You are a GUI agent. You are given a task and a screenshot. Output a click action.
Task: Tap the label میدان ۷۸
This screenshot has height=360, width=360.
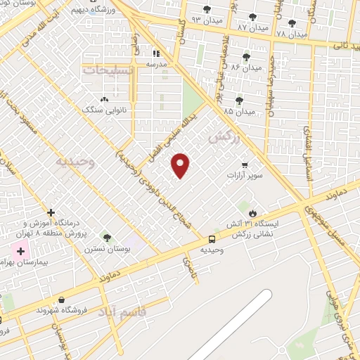(x=292, y=34)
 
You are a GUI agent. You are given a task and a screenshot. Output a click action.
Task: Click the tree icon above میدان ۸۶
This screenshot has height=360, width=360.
(x=246, y=57)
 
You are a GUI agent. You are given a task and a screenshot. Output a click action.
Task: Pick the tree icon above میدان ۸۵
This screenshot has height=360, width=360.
(x=239, y=101)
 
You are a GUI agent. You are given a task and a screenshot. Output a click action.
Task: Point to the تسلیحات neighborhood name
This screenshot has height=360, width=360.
(x=107, y=71)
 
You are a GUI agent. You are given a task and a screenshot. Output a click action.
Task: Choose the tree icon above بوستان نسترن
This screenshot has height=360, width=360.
(x=107, y=238)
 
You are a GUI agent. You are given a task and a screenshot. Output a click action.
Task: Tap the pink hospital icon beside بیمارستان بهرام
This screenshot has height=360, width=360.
(x=20, y=250)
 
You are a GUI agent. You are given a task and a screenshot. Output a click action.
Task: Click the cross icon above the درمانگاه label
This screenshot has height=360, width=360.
(x=51, y=212)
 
